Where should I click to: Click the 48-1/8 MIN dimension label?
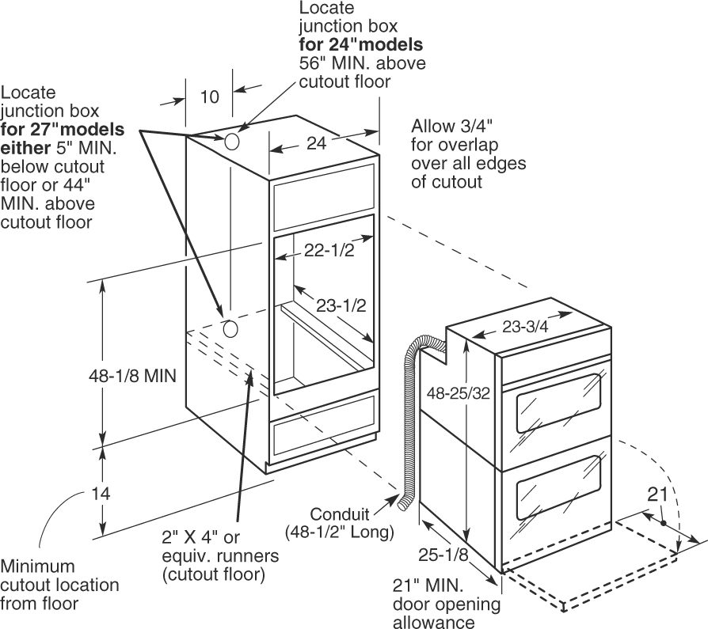pos(132,376)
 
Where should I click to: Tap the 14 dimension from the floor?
pos(101,494)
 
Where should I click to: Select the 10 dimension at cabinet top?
pos(210,97)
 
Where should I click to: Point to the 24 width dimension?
pos(317,143)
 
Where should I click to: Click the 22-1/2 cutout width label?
pos(329,250)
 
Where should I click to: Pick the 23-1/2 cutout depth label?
pos(341,305)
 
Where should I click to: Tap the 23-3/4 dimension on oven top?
pos(525,326)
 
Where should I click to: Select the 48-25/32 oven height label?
pos(459,393)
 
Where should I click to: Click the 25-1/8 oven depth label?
pos(443,555)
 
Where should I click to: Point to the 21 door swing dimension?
pos(657,494)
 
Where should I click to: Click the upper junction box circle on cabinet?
pos(231,142)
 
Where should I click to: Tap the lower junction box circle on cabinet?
pos(230,329)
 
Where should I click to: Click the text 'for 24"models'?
pos(361,44)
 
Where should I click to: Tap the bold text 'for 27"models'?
pos(63,129)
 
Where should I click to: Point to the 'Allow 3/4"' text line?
pos(451,126)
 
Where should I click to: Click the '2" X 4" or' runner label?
pos(200,537)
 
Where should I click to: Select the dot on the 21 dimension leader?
pos(663,524)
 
